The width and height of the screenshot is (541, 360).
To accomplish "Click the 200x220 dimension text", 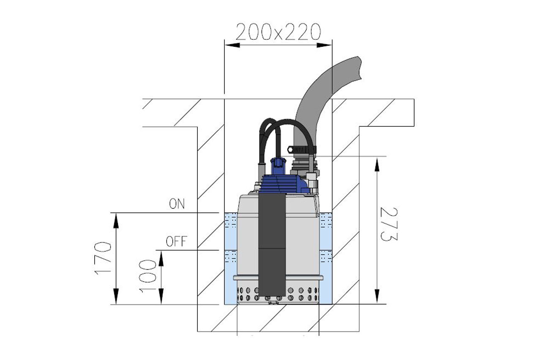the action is pos(278,32).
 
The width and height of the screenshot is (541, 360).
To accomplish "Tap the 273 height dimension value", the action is pos(388,224).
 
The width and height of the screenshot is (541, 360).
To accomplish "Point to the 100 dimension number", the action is pos(148,276).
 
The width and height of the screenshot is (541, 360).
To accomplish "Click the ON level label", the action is pos(177,203).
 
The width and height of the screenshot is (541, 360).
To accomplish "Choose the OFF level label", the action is pos(176,241).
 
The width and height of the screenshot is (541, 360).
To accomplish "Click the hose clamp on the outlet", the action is pos(302,149).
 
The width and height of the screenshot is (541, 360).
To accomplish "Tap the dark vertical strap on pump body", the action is pos(272,244).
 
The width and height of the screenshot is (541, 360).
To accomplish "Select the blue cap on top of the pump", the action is pos(278,166).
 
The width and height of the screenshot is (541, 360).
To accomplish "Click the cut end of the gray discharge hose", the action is pos(360,68).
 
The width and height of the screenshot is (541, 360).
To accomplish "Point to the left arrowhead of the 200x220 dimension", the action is pos(232,45).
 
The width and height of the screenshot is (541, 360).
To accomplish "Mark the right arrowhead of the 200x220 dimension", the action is pos(324,45).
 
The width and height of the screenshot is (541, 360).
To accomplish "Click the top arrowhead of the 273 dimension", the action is pos(377,164).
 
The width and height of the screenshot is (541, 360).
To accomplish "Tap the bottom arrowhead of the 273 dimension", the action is pos(377,297).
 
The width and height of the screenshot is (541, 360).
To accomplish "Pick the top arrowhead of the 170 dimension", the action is pos(116,221).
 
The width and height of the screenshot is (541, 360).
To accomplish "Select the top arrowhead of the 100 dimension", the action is pos(161,258).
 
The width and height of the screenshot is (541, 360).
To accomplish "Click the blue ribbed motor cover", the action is pos(283,184).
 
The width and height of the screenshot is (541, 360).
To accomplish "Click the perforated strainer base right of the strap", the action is pos(302,293).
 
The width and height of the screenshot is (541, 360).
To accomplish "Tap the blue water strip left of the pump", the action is pos(231,258).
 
